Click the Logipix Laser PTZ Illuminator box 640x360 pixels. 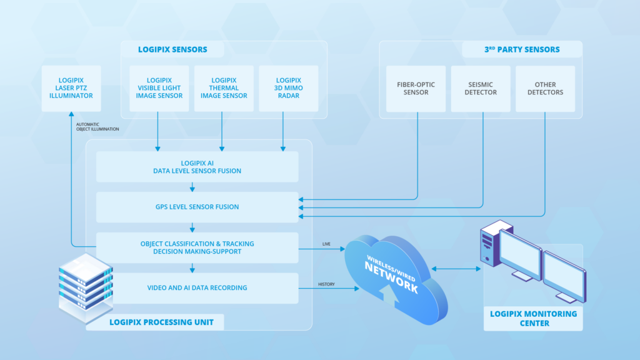pyautogui.click(x=71, y=88)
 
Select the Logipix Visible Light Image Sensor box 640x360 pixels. pyautogui.click(x=159, y=88)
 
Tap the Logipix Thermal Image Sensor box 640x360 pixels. pyautogui.click(x=224, y=88)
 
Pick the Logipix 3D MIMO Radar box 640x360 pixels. pyautogui.click(x=288, y=88)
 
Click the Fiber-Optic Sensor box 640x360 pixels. pyautogui.click(x=416, y=88)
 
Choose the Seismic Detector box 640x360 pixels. pyautogui.click(x=481, y=88)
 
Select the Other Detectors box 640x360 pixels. pyautogui.click(x=545, y=88)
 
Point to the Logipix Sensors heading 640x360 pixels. pyautogui.click(x=172, y=50)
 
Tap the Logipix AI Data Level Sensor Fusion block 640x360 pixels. pyautogui.click(x=197, y=167)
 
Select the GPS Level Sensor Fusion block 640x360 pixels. pyautogui.click(x=197, y=207)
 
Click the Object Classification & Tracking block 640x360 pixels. pyautogui.click(x=197, y=247)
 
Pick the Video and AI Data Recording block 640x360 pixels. pyautogui.click(x=197, y=287)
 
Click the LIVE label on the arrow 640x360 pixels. pyautogui.click(x=326, y=244)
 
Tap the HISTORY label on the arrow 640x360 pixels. pyautogui.click(x=326, y=284)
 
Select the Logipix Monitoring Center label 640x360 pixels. pyautogui.click(x=533, y=318)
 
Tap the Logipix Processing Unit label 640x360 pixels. pyautogui.click(x=161, y=322)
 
